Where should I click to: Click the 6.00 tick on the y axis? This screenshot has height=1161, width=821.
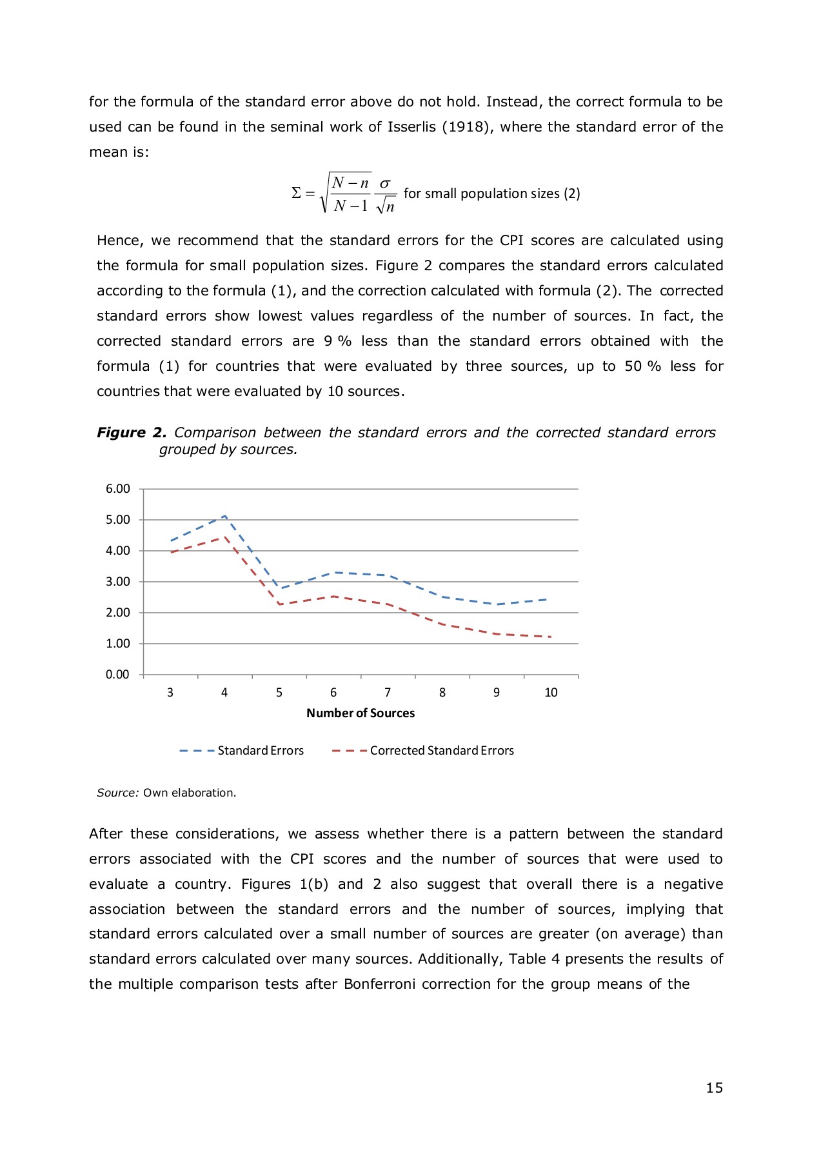click(117, 489)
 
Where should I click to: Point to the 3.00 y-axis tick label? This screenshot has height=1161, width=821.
click(117, 582)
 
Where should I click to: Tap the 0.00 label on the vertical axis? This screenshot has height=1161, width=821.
click(117, 675)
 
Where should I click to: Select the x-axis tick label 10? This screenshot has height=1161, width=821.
click(551, 693)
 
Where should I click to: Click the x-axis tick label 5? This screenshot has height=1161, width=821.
click(279, 693)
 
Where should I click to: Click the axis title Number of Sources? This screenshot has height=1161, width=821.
click(361, 713)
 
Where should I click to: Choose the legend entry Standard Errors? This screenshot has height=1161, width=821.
click(261, 751)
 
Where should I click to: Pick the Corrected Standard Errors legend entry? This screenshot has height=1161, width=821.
click(442, 751)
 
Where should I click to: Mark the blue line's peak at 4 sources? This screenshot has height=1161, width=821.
click(224, 516)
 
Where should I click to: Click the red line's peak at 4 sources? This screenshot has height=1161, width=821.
click(225, 537)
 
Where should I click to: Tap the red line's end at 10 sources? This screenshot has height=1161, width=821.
click(550, 637)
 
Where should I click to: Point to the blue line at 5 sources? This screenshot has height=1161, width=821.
click(279, 588)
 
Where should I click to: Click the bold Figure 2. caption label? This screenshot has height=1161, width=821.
click(132, 433)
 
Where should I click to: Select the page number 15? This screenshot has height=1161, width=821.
click(714, 1088)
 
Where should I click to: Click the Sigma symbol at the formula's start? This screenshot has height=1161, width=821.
click(296, 193)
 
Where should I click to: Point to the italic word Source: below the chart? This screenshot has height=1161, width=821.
click(117, 793)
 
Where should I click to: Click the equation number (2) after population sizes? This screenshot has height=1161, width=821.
click(571, 193)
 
